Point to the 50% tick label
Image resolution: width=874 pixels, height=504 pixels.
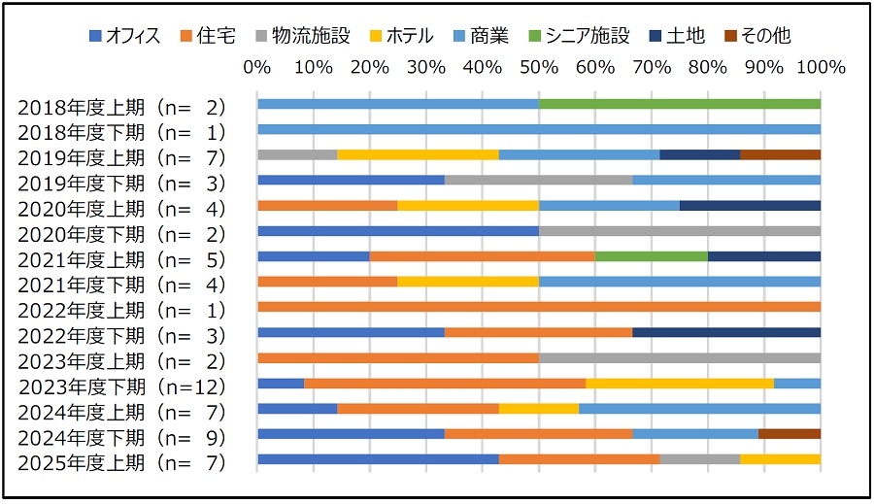click(x=539, y=68)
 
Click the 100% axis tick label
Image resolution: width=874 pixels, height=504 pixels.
click(x=819, y=68)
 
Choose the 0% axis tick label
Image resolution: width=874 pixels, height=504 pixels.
click(x=257, y=68)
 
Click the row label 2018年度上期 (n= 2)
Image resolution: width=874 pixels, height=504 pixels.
click(x=121, y=107)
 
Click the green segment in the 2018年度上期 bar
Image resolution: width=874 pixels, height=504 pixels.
click(x=680, y=104)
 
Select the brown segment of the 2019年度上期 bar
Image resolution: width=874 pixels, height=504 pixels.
click(x=780, y=154)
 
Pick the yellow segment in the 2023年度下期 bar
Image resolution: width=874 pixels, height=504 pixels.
click(x=680, y=384)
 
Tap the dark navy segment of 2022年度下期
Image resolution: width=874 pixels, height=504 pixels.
click(x=726, y=332)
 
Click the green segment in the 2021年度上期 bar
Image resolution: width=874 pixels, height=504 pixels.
click(x=652, y=256)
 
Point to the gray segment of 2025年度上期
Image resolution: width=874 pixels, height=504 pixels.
click(x=700, y=459)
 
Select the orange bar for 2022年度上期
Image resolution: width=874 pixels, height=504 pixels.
click(x=539, y=307)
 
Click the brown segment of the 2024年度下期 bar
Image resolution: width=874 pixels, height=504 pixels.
click(x=790, y=434)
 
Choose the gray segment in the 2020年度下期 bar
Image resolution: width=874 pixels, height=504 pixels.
click(x=680, y=231)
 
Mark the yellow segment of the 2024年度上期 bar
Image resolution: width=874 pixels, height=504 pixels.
click(x=539, y=409)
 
